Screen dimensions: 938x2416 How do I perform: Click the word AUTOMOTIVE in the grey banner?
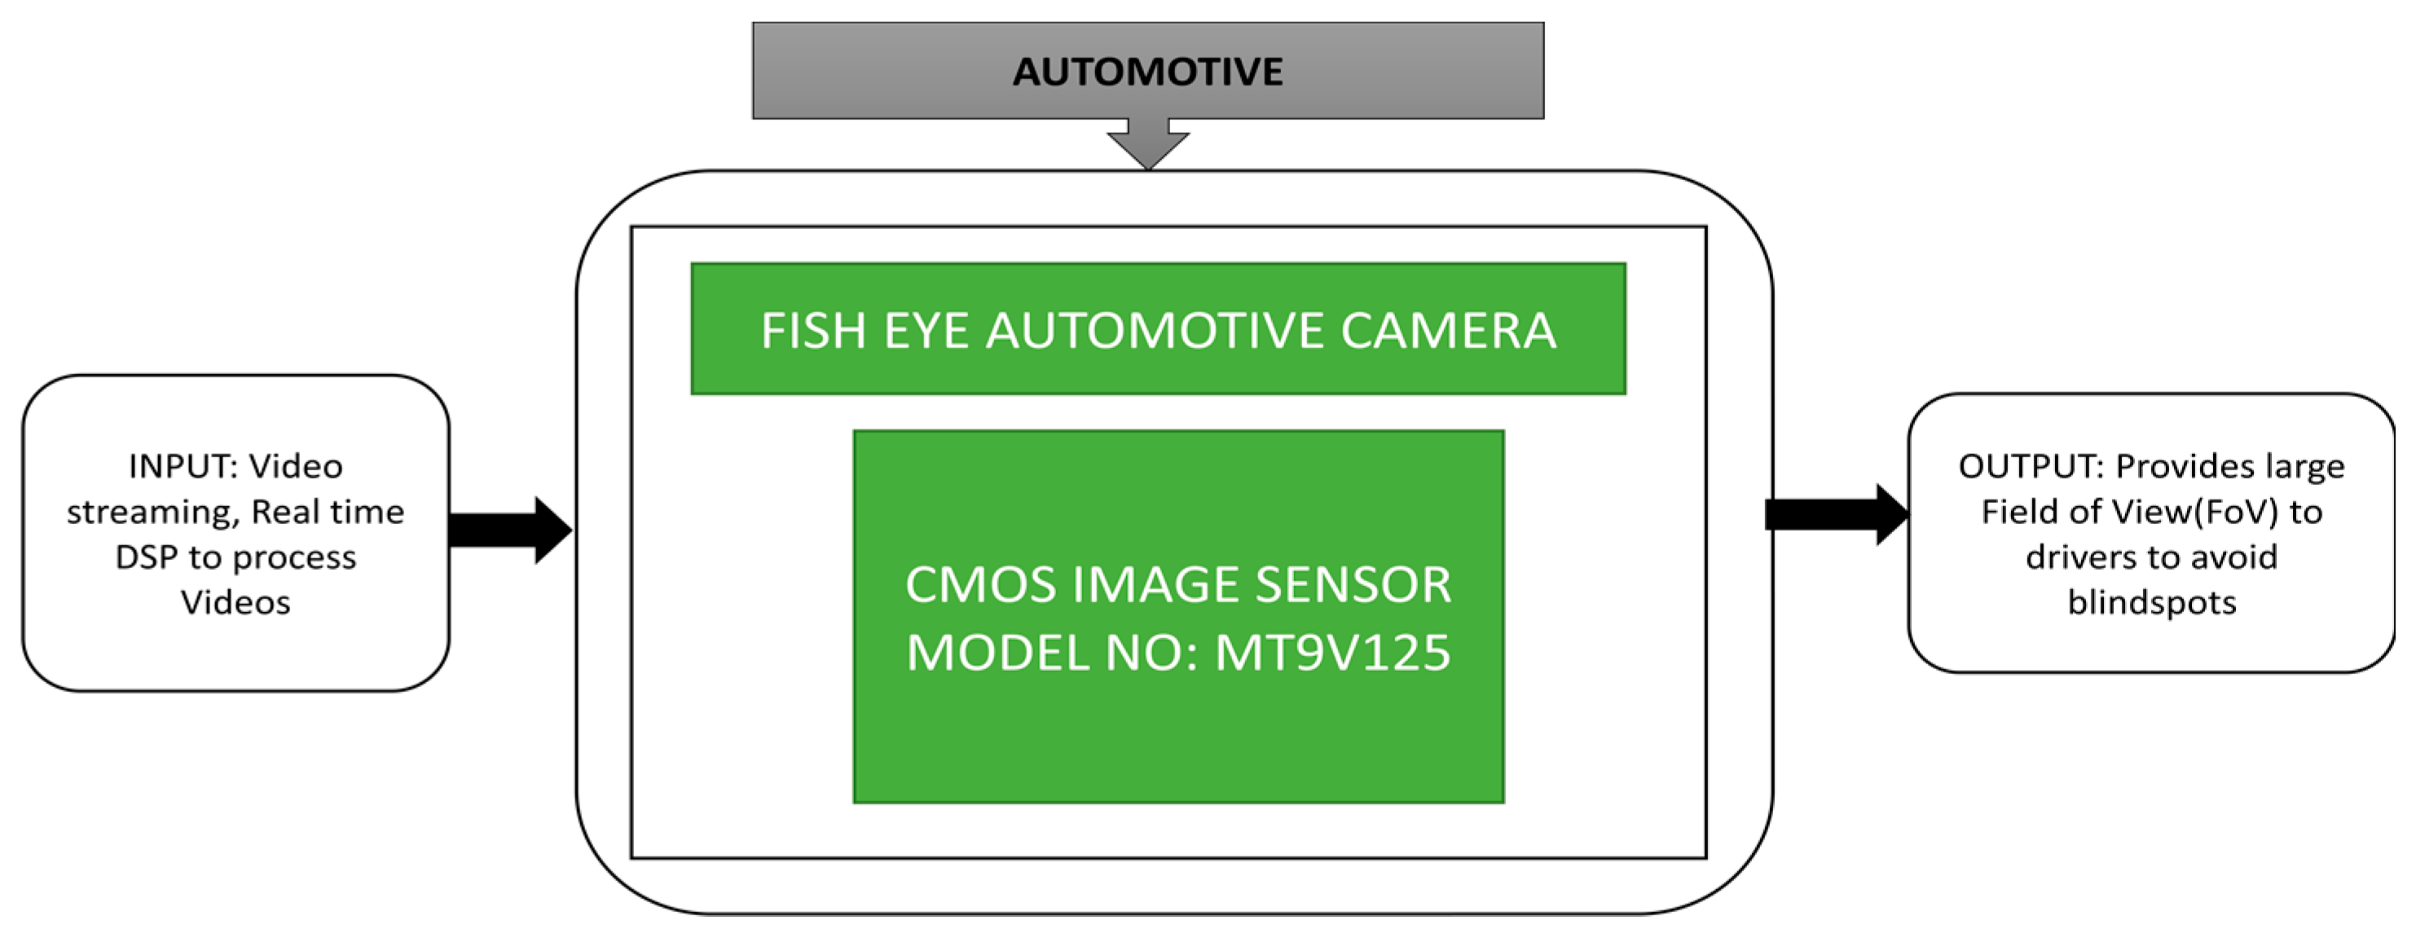point(1147,73)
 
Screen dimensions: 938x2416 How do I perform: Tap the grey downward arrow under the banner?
point(1148,143)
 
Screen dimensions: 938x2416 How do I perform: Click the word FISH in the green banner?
point(812,331)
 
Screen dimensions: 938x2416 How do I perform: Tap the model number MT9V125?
point(1333,653)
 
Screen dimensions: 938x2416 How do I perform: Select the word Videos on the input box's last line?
point(235,602)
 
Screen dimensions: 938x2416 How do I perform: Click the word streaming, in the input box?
point(152,512)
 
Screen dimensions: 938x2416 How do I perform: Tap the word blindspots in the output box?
point(2151,602)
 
